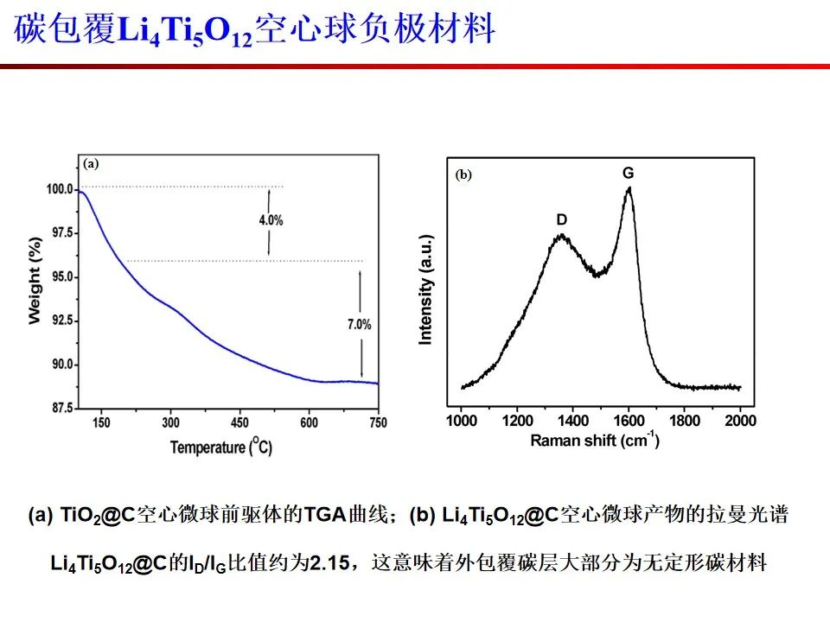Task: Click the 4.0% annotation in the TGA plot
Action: tap(271, 220)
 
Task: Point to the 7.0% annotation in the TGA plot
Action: tap(359, 325)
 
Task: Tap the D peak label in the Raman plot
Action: tap(561, 220)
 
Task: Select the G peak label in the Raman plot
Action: tap(629, 174)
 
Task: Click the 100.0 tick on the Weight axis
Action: tap(58, 189)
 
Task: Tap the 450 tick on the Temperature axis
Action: tap(239, 422)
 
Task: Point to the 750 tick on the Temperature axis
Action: tap(377, 422)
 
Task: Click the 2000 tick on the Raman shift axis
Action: tap(739, 421)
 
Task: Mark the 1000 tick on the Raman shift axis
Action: tap(462, 421)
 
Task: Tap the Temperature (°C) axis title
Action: tap(220, 447)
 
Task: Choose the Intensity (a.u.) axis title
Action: tap(425, 289)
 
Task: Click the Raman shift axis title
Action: tap(595, 441)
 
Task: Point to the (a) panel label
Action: tap(92, 162)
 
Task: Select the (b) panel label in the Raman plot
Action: tap(463, 175)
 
